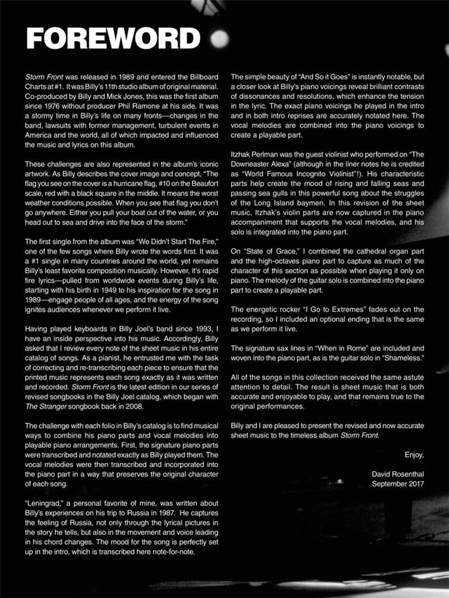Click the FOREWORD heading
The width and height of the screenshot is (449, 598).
pos(113,39)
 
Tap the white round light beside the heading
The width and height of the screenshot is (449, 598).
pos(219,39)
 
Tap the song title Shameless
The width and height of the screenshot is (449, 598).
pos(405,357)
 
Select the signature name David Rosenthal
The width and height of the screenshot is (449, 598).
pos(398,474)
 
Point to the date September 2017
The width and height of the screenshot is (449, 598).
pos(398,483)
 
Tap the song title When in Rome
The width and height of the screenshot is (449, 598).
pos(338,348)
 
